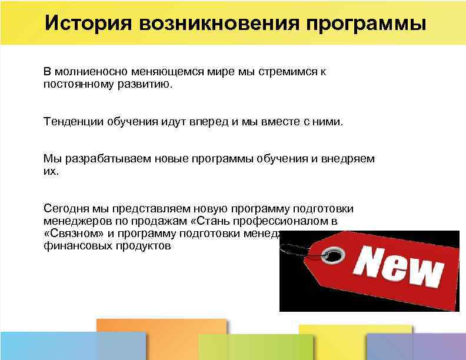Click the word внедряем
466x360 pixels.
(348, 159)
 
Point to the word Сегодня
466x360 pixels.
(66, 209)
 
